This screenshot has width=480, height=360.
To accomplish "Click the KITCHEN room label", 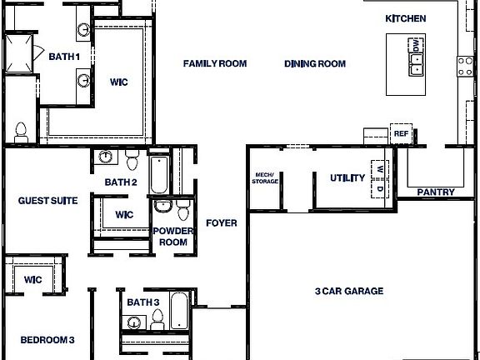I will click(x=406, y=18).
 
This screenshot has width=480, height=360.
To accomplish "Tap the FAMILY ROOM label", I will click(x=215, y=63).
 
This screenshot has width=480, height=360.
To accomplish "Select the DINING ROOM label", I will click(x=314, y=63).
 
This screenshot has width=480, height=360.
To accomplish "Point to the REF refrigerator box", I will click(x=402, y=133).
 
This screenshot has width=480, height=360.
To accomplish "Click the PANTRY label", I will click(x=436, y=192).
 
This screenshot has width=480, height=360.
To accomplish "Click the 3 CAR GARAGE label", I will click(x=349, y=291).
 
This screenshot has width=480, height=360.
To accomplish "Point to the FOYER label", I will click(x=222, y=223).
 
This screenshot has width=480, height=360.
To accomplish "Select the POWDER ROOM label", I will click(x=173, y=236).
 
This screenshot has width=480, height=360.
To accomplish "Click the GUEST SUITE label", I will click(x=48, y=201).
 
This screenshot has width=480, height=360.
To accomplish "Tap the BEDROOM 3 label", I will click(x=48, y=340).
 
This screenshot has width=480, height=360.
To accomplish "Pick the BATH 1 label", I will click(x=64, y=57).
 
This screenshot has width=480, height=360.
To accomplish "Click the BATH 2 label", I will click(x=121, y=182).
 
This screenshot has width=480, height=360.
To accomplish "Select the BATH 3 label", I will click(x=143, y=302).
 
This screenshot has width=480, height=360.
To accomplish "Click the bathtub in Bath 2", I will click(x=160, y=172).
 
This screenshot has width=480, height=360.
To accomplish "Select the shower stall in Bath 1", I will click(x=20, y=53).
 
